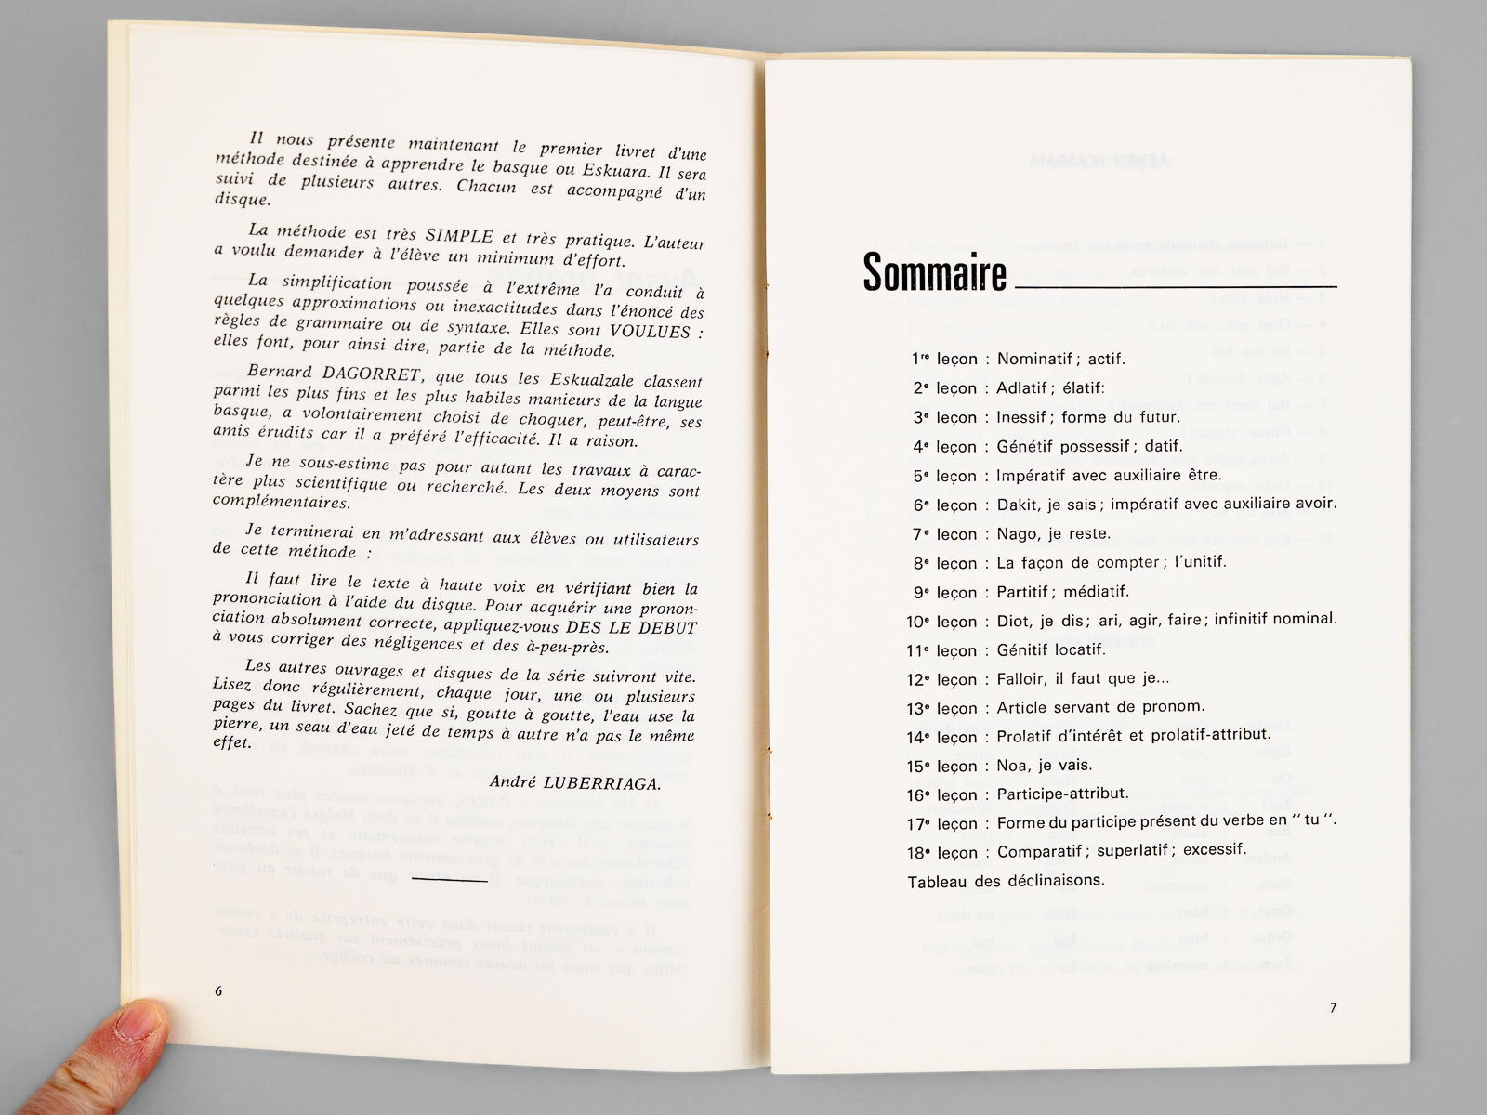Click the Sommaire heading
pos(934,271)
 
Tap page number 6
pos(218,991)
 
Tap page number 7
pos(1333,1008)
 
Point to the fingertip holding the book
pos(139,1031)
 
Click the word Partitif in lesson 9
pos(1022,592)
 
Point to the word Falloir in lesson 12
pos(1021,679)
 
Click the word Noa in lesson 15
pos(1012,766)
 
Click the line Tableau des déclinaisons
pos(1006,881)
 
